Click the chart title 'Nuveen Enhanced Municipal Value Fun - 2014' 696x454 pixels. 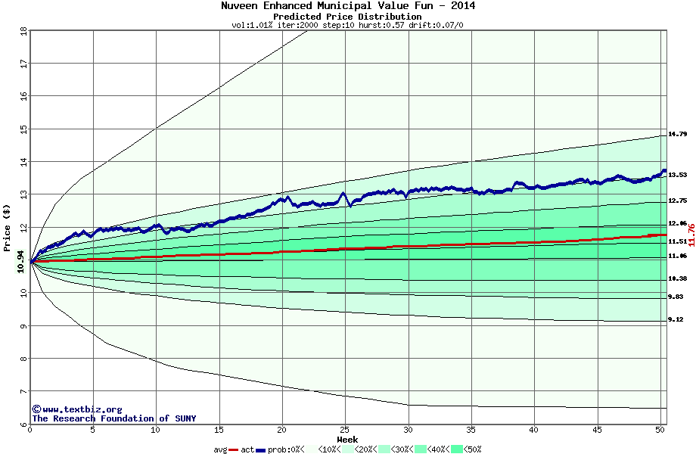click(347, 6)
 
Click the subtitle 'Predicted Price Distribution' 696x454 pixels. click(347, 17)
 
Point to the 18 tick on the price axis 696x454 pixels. click(23, 31)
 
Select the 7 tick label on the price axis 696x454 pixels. click(23, 391)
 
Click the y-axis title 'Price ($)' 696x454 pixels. click(7, 226)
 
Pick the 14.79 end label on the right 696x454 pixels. click(677, 134)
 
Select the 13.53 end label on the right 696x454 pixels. click(677, 175)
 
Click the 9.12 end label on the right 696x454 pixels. click(676, 320)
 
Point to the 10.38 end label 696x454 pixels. click(677, 278)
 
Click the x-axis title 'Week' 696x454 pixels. click(347, 440)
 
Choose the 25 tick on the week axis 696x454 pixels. click(345, 431)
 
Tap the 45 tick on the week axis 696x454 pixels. click(597, 431)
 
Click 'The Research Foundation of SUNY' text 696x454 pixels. click(113, 418)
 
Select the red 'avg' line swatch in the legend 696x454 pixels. click(234, 449)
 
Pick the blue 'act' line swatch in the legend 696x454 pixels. click(261, 449)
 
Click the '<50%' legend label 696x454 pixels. click(473, 449)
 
